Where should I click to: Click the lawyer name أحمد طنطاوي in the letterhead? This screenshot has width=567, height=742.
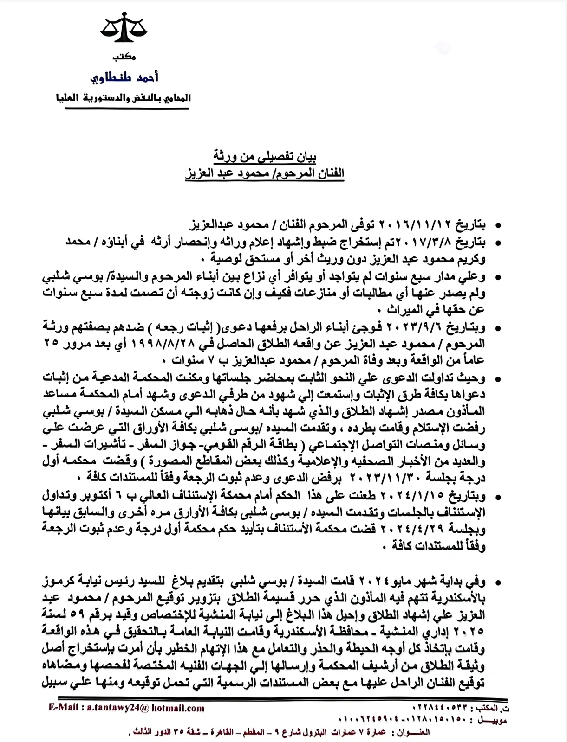(x=124, y=77)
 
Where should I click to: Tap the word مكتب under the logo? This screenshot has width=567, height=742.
(x=124, y=57)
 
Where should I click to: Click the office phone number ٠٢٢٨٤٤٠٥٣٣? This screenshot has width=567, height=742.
(x=439, y=709)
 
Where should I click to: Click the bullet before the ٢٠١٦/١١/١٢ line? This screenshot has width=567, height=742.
(x=498, y=226)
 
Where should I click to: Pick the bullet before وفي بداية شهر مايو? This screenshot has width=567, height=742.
(x=498, y=582)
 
